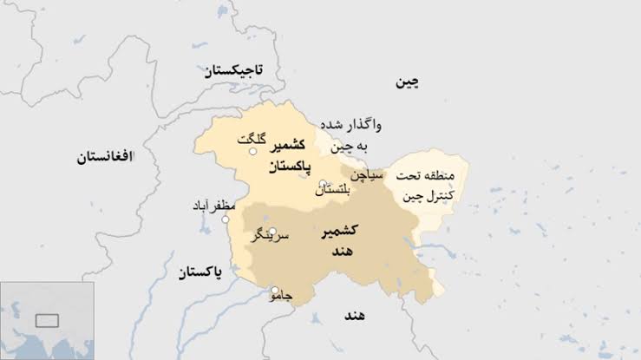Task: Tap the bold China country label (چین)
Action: [x=407, y=82]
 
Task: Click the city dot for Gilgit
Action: [x=253, y=152]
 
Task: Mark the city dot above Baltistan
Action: [x=322, y=183]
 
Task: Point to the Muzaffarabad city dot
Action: [x=225, y=219]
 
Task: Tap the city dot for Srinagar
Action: [x=272, y=232]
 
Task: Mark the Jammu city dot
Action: [x=275, y=291]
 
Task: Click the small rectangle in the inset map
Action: [x=46, y=320]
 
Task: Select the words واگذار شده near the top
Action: [x=351, y=124]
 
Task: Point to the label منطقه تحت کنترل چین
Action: [x=426, y=186]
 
